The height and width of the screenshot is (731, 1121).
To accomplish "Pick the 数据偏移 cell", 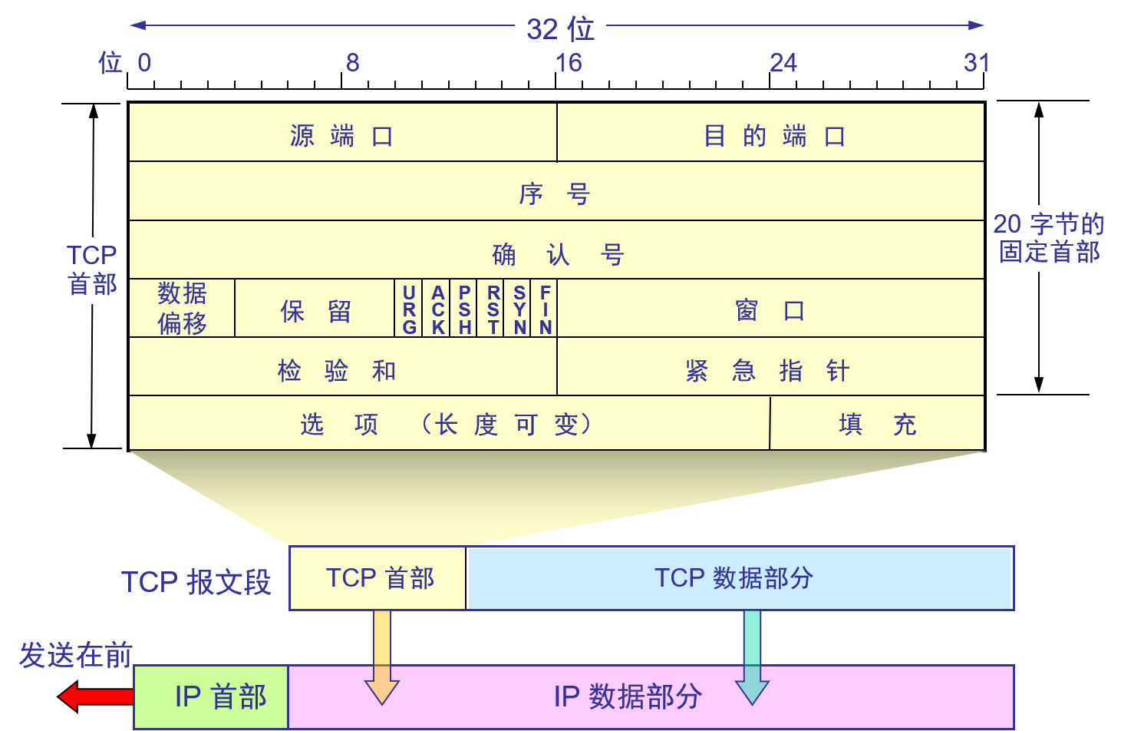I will (x=182, y=309).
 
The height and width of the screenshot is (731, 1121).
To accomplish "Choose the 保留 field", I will (x=315, y=309).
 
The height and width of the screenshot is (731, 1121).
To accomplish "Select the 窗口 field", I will (x=770, y=309).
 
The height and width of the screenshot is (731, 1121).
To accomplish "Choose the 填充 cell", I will (x=877, y=423).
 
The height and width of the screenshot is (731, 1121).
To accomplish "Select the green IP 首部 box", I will (x=212, y=696).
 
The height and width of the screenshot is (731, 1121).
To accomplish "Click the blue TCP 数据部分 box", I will (x=740, y=578).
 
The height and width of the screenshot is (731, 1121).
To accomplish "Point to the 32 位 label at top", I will (x=560, y=28).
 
